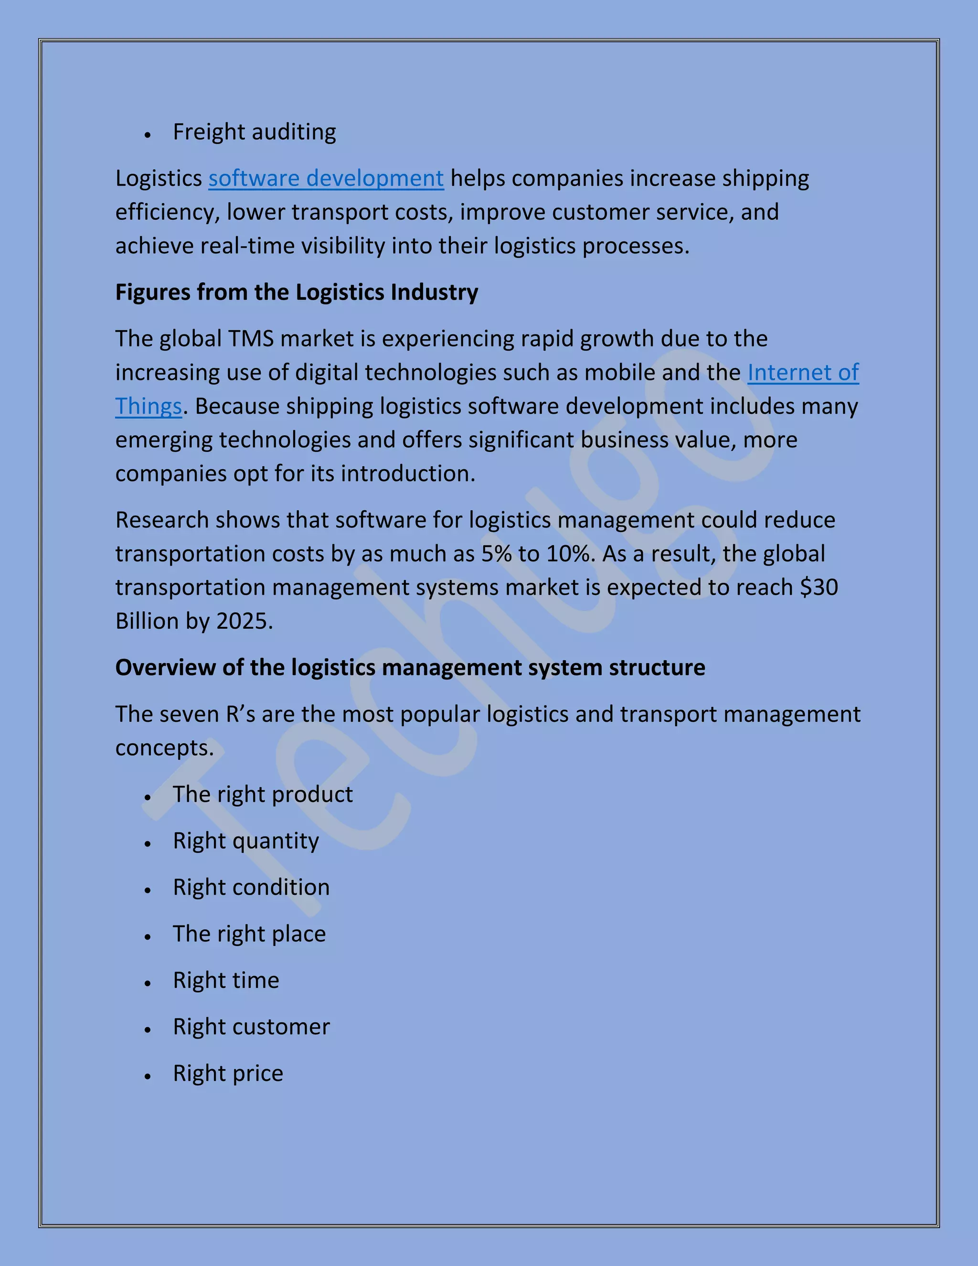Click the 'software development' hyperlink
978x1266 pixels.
click(x=326, y=179)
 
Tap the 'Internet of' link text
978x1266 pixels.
click(x=802, y=373)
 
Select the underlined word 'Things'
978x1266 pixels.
click(x=149, y=407)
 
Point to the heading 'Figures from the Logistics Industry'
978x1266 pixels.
click(x=297, y=292)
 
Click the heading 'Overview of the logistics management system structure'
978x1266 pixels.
click(x=410, y=668)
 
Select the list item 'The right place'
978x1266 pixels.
click(x=249, y=934)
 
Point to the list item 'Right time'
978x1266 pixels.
click(x=226, y=980)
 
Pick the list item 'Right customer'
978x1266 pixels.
click(x=251, y=1027)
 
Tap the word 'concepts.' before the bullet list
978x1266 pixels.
click(x=165, y=748)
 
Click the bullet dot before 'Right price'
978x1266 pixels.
click(x=148, y=1076)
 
